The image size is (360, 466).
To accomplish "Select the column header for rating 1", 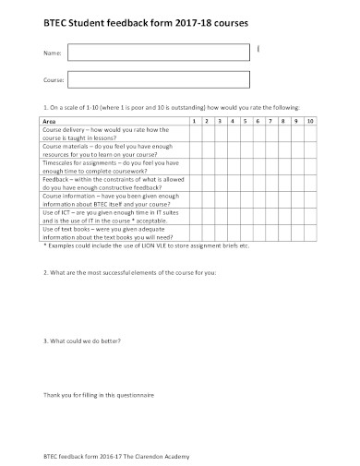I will (x=194, y=121).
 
